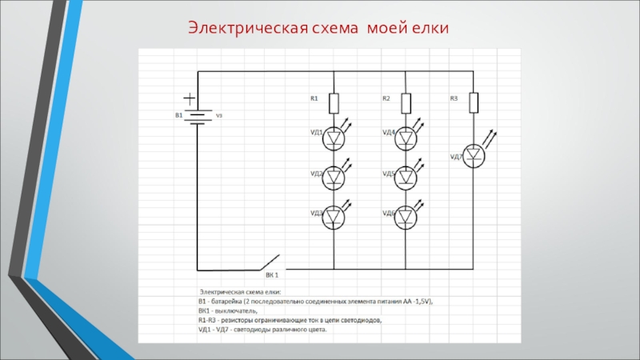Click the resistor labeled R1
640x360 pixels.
[334, 103]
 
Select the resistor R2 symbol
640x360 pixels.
[406, 103]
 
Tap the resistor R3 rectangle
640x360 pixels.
[474, 102]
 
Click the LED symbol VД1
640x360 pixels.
[334, 139]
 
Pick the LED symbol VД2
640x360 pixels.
[334, 179]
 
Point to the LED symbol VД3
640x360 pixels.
[334, 218]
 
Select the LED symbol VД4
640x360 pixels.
[406, 139]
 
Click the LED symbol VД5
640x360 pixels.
[406, 178]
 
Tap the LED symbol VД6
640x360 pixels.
[406, 218]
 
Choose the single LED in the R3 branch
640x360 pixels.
[474, 156]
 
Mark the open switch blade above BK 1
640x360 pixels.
[269, 260]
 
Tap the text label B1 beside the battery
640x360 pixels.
[180, 116]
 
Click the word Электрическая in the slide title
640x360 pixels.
[248, 30]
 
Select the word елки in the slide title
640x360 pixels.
[430, 30]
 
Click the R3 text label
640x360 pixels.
[454, 98]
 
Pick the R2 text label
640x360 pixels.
[386, 98]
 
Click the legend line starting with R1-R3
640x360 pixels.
[290, 320]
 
